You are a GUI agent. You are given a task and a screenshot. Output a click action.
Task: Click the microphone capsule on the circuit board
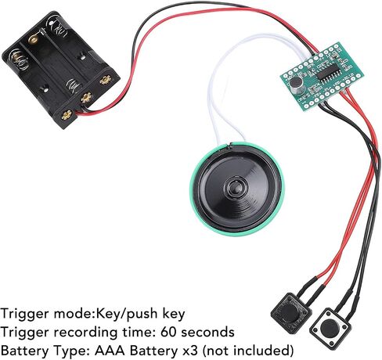(297, 85)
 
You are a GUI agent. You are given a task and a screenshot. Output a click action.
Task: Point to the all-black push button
(291, 312)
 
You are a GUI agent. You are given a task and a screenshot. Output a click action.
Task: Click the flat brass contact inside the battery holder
(34, 39)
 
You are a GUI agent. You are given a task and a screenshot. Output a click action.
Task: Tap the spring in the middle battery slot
(74, 86)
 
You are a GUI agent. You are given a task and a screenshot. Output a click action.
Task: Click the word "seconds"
(207, 333)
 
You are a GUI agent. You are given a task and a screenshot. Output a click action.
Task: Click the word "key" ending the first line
(174, 315)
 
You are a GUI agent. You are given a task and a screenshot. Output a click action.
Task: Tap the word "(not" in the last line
(216, 351)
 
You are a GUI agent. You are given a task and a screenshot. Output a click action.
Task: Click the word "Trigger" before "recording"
(26, 333)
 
